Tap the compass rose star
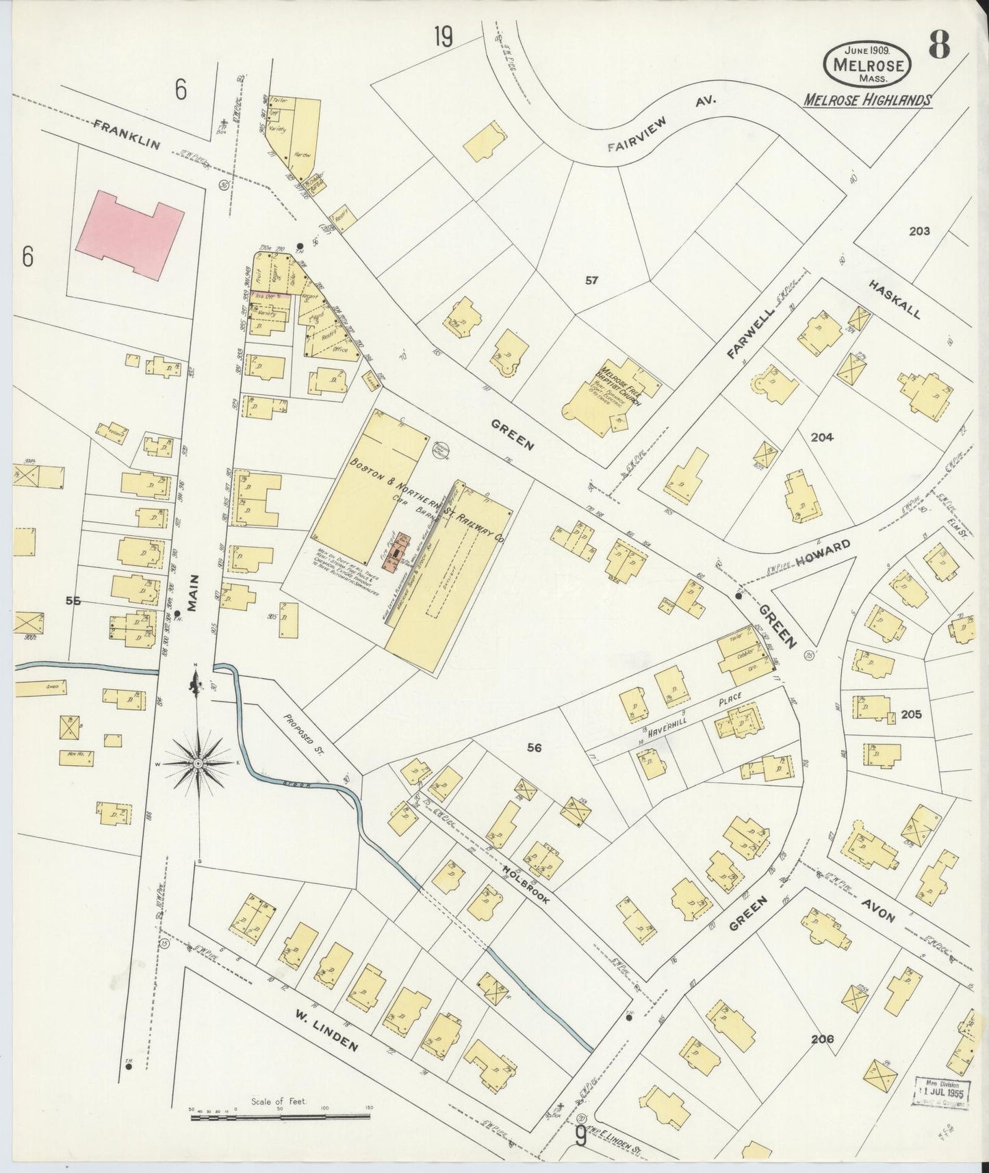198,762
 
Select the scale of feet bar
280,1116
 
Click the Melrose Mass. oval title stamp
867,63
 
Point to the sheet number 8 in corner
940,47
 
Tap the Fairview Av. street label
661,124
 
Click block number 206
822,1039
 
